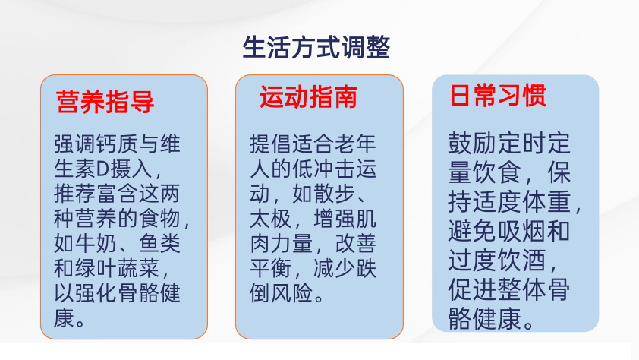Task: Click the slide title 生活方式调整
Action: coord(316,48)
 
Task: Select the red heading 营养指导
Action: coord(105,102)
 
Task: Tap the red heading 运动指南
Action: coord(309,97)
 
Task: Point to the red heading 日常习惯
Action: coord(498,96)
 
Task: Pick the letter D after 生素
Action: coord(103,169)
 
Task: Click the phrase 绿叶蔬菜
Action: coord(117,268)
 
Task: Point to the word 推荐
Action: coord(75,194)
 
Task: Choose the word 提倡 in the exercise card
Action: coord(271,144)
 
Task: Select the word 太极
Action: coord(271,219)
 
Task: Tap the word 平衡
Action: coord(271,269)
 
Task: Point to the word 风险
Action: coord(291,294)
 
